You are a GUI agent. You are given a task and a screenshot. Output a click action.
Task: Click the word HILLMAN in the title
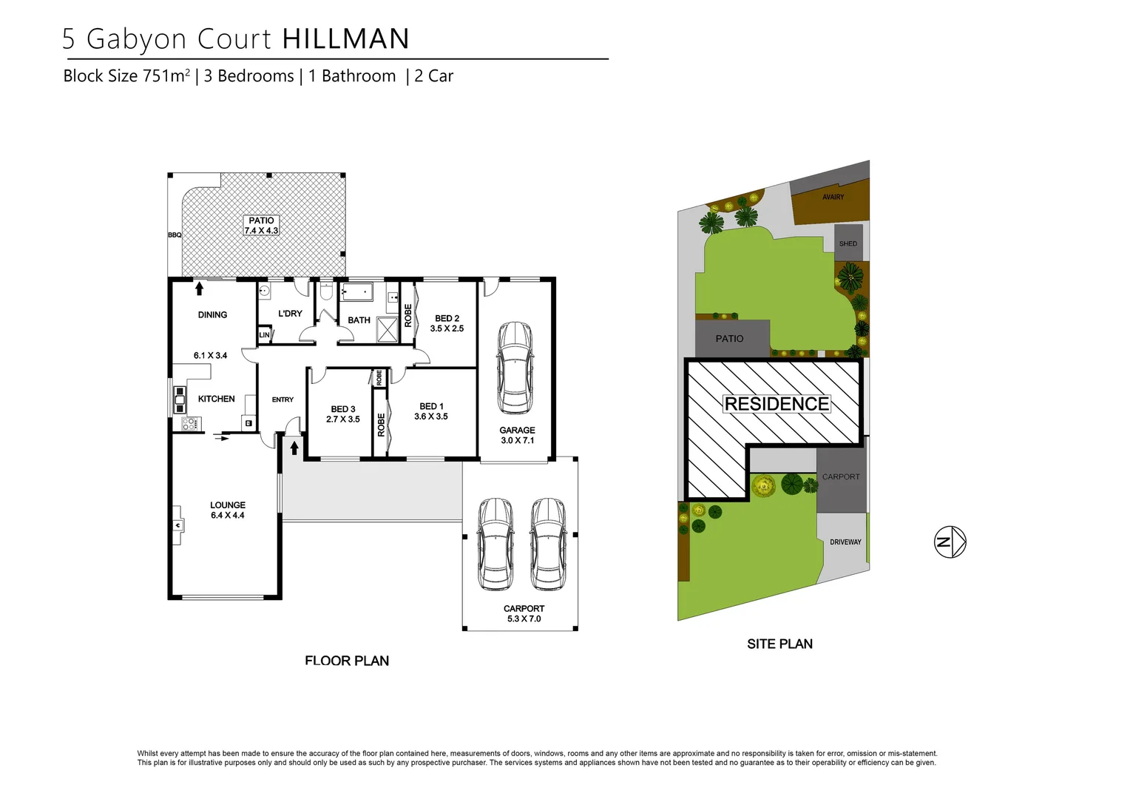(x=345, y=39)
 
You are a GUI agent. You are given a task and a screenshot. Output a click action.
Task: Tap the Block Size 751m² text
(x=126, y=76)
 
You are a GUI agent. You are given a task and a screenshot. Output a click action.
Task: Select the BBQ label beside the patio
(x=175, y=235)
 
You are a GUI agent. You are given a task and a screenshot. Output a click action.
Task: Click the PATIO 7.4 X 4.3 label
(x=261, y=226)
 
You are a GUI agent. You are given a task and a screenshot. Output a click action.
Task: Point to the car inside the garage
(x=515, y=368)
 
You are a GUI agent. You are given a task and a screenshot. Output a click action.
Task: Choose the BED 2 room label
(x=447, y=323)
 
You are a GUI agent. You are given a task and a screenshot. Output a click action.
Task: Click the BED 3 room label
(x=343, y=414)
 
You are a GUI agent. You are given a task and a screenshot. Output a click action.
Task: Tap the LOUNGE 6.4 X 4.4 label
(x=227, y=510)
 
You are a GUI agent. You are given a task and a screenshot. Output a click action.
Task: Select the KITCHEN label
(x=216, y=399)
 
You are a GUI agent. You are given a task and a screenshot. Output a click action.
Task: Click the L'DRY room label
(x=290, y=314)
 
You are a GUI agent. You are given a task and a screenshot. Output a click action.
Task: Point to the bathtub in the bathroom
(x=357, y=293)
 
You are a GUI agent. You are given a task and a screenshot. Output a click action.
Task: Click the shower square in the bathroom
(x=388, y=328)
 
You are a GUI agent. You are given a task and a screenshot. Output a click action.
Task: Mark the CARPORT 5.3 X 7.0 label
(x=524, y=613)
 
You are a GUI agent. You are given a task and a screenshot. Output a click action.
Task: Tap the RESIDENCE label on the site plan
(x=777, y=404)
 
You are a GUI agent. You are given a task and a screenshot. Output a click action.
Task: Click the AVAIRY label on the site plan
(x=833, y=197)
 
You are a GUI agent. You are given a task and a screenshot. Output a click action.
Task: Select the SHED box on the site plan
(x=848, y=243)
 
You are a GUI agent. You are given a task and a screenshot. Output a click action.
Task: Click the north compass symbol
(x=950, y=542)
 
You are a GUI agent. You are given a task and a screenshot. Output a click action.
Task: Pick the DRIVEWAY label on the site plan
(x=845, y=542)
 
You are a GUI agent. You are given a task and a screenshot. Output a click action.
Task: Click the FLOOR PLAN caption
(x=347, y=661)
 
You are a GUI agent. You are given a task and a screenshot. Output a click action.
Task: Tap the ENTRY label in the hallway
(x=282, y=399)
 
